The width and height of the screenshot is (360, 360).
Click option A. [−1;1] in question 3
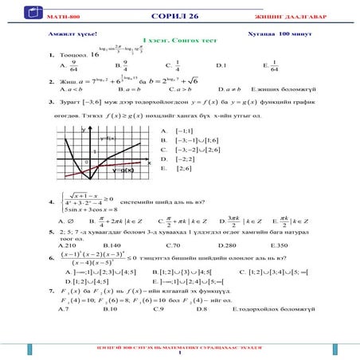coord(179,130)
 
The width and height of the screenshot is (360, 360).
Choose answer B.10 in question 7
coord(112,307)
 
